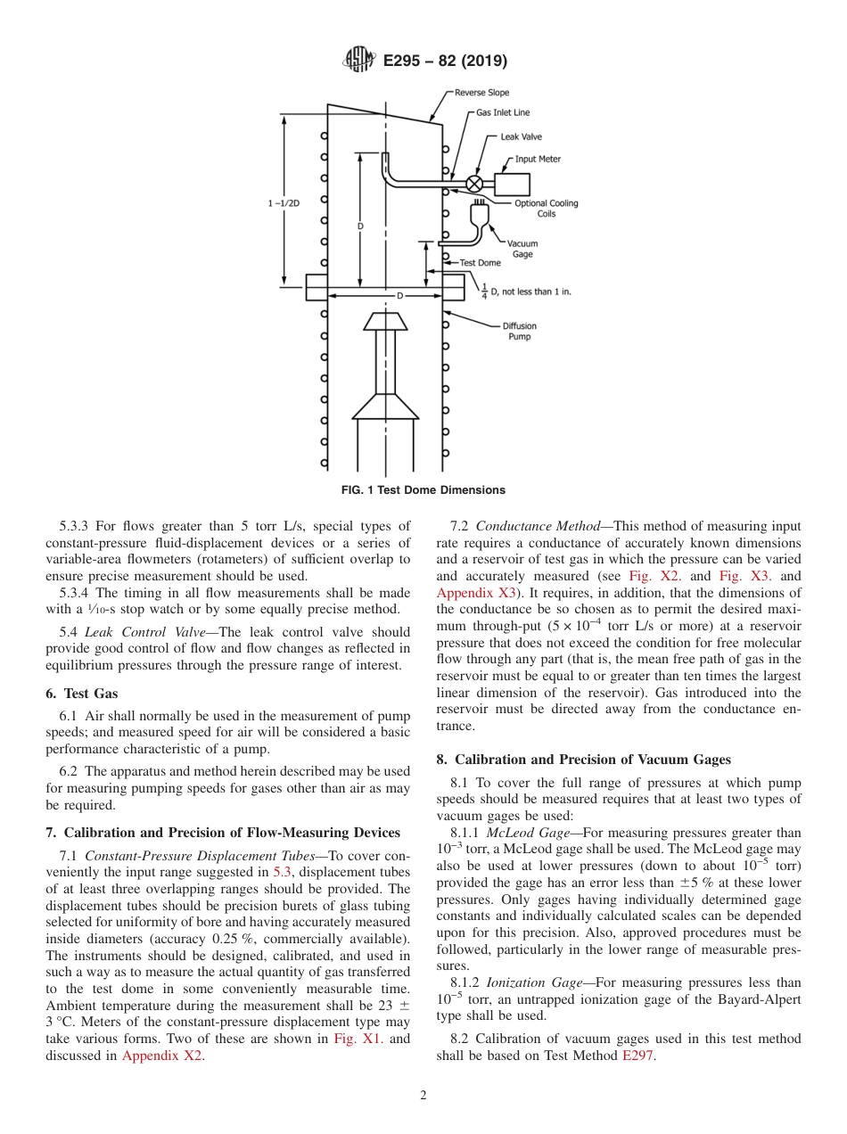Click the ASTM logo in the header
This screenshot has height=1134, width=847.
tap(359, 61)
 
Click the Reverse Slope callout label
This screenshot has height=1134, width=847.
tap(481, 93)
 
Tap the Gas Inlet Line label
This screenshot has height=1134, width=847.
tap(502, 113)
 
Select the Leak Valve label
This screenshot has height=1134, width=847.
tap(521, 137)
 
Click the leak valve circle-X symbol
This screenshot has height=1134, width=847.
tap(475, 183)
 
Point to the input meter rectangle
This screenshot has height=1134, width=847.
tap(512, 184)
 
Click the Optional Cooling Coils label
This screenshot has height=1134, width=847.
tap(546, 209)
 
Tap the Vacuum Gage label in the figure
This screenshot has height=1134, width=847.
tap(522, 249)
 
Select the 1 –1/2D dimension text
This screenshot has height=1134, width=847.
tap(284, 203)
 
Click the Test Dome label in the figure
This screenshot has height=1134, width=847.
tap(480, 263)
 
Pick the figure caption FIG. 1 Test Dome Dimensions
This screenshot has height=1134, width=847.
tap(423, 490)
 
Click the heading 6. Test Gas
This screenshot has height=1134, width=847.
tap(81, 694)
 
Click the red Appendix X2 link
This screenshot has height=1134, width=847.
tap(162, 1056)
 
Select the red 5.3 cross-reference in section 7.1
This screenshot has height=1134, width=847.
tap(281, 871)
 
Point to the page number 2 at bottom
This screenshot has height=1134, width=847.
tap(423, 1096)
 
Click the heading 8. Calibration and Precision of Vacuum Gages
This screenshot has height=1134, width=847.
tap(583, 760)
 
